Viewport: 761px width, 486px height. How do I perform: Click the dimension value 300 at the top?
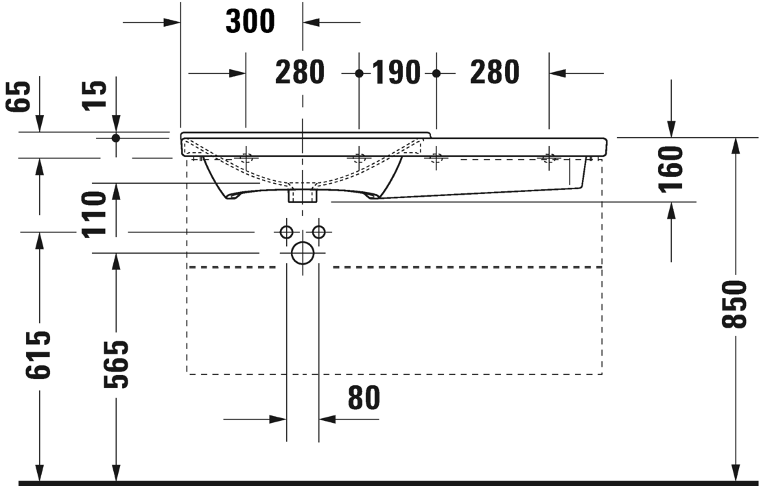(x=250, y=22)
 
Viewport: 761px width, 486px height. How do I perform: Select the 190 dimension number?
(x=397, y=73)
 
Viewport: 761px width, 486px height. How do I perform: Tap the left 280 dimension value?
(x=300, y=73)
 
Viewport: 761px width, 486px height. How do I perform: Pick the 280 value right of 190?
(x=494, y=73)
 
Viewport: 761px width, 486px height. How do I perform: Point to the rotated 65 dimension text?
(x=20, y=96)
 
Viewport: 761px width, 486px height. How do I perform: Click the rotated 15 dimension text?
(x=95, y=96)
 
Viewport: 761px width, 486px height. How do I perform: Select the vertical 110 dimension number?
(x=95, y=215)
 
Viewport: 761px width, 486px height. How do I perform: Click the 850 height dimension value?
(x=735, y=304)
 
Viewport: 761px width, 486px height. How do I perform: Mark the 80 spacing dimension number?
(x=364, y=398)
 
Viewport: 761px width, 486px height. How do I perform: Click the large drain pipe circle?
(x=302, y=253)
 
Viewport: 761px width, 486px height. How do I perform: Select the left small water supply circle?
(x=286, y=232)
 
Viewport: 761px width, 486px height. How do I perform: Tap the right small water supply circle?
(x=318, y=232)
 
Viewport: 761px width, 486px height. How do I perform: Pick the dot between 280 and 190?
(x=358, y=73)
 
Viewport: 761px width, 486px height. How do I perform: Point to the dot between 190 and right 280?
(x=436, y=73)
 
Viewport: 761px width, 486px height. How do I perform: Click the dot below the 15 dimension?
(x=115, y=138)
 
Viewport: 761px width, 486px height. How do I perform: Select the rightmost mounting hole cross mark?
(x=548, y=158)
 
